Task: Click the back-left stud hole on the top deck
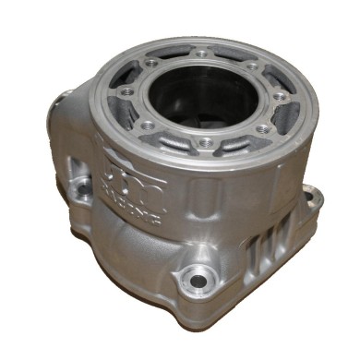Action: [x=151, y=64]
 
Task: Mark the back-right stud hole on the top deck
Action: [x=252, y=66]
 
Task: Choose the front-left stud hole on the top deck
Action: [x=148, y=123]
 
